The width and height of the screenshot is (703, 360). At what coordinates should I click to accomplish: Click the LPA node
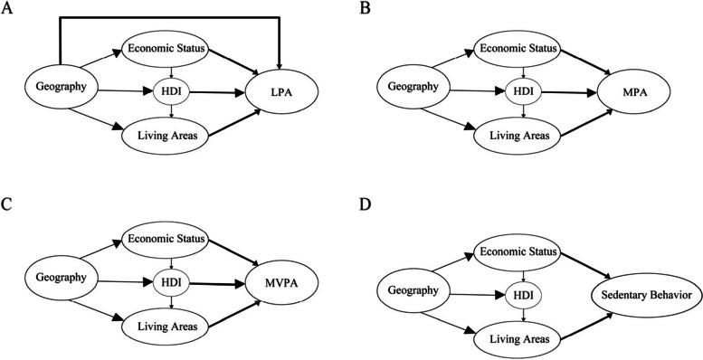(x=280, y=92)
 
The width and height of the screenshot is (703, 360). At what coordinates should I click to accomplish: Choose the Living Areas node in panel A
(x=166, y=135)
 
